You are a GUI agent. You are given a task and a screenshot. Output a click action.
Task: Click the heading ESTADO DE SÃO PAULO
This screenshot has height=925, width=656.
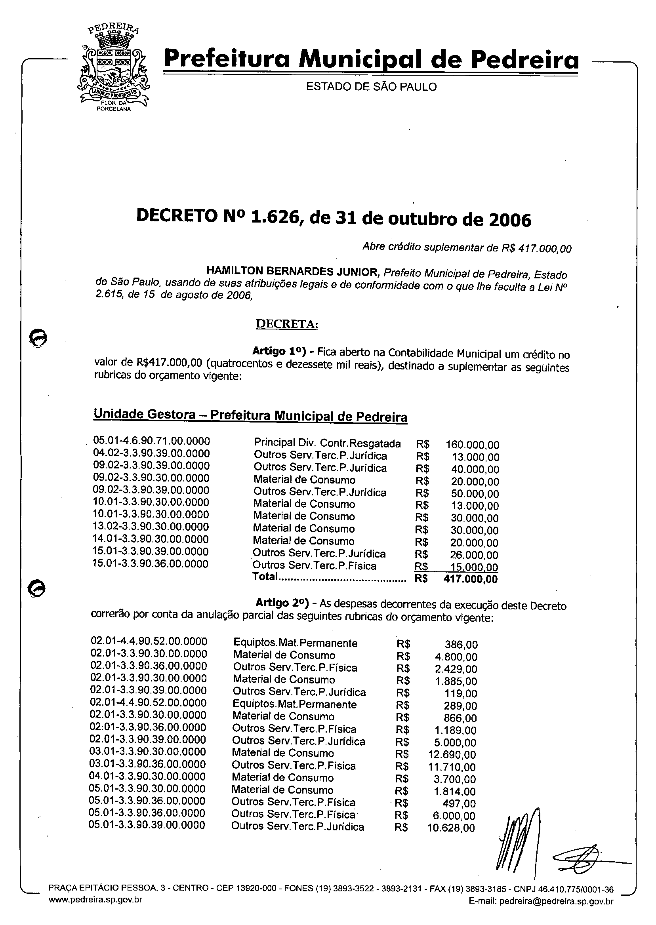pos(371,87)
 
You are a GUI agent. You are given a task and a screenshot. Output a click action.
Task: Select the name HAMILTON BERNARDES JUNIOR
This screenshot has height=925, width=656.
pos(293,270)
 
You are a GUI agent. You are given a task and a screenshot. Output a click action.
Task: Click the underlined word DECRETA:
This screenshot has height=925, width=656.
pos(287,324)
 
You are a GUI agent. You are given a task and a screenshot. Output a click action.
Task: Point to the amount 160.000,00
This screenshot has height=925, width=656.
pos(472,445)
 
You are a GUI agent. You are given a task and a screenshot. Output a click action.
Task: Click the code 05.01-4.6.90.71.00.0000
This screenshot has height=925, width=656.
pos(151,440)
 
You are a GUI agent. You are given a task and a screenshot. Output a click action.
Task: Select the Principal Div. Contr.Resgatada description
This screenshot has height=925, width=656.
pos(327,443)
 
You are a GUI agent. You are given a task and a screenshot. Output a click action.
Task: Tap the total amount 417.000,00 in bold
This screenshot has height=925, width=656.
pos(470,579)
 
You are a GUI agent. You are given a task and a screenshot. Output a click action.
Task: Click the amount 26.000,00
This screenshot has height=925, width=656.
pos(474,555)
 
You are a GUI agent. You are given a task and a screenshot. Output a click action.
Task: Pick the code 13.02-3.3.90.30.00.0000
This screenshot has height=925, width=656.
pos(151,527)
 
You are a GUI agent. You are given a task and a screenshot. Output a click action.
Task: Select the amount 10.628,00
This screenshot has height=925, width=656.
pos(451,828)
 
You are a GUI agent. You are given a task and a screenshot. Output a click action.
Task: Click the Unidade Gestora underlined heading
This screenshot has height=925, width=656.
pos(250,415)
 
